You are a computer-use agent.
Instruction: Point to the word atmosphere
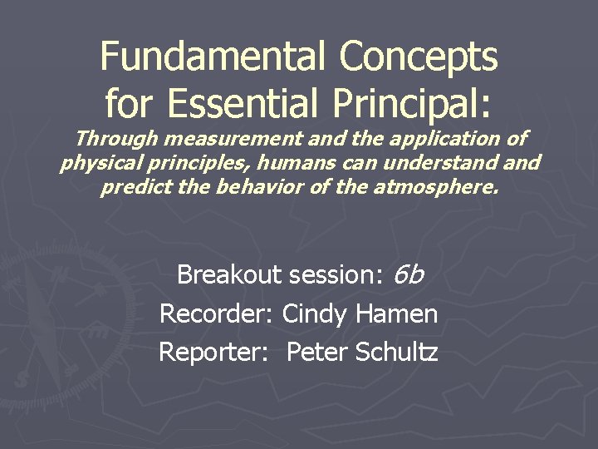coord(437,187)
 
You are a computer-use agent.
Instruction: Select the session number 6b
coord(408,274)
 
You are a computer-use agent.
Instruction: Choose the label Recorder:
coord(217,314)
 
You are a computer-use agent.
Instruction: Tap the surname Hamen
coord(396,314)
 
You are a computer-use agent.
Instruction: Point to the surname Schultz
coord(396,353)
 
